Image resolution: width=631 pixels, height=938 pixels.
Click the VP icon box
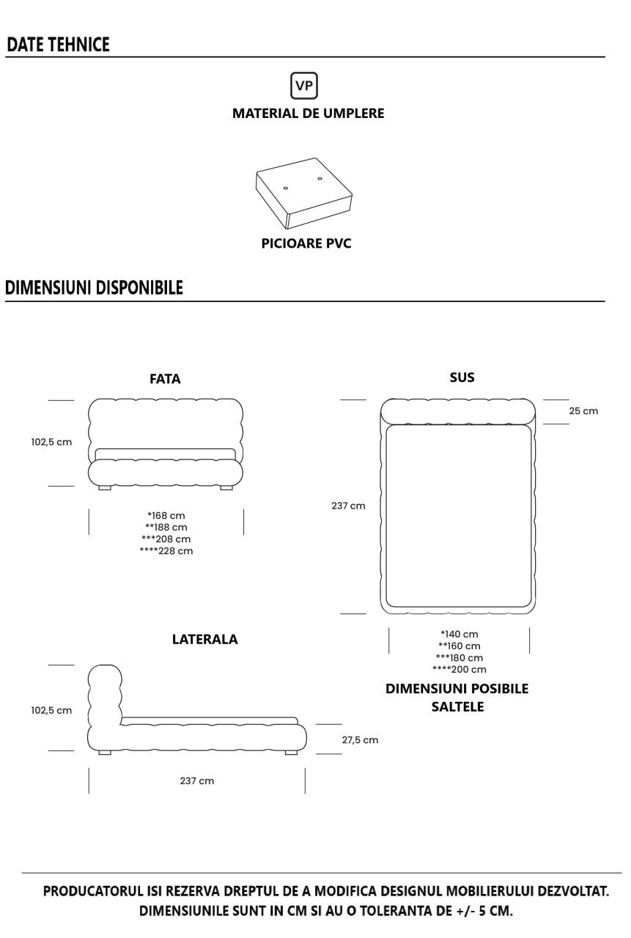(x=304, y=86)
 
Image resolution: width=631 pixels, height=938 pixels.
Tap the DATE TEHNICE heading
(x=58, y=45)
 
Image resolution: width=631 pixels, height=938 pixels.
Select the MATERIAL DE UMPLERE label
(x=309, y=114)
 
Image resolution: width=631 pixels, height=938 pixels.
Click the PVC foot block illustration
(x=304, y=193)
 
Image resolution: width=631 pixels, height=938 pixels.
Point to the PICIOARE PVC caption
(x=306, y=243)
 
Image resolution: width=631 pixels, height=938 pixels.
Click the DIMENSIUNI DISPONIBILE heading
(x=95, y=288)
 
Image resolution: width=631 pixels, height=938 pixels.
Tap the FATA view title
(x=165, y=379)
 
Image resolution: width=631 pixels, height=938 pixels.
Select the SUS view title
(x=462, y=377)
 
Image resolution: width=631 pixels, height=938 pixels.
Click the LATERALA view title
(x=204, y=640)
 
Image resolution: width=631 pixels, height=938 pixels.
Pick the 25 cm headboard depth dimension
(x=583, y=411)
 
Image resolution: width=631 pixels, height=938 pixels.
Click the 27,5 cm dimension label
(x=360, y=740)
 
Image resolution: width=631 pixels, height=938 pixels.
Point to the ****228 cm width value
(x=166, y=551)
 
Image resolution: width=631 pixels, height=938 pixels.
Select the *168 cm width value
(x=166, y=516)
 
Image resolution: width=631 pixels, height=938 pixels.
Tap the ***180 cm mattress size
(x=460, y=658)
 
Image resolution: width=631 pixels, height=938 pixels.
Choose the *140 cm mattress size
(x=460, y=635)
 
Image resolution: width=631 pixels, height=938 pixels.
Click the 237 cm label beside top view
(x=348, y=506)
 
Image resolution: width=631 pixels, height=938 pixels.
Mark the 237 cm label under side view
(x=197, y=781)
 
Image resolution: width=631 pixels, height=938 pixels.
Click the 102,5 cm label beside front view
(x=51, y=442)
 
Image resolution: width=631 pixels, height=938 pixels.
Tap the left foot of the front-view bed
(x=105, y=488)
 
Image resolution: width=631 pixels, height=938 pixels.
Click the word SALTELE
(x=457, y=707)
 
